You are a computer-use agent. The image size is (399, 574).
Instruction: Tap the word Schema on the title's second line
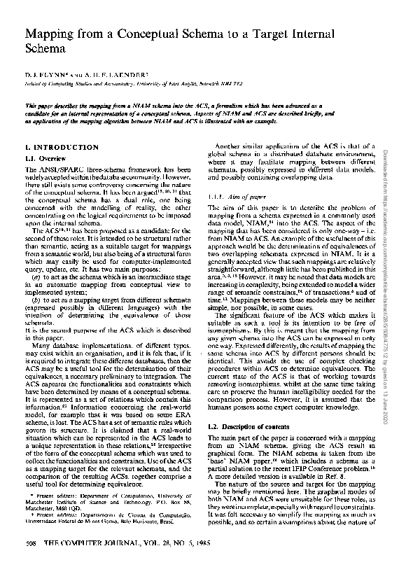pos(47,50)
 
